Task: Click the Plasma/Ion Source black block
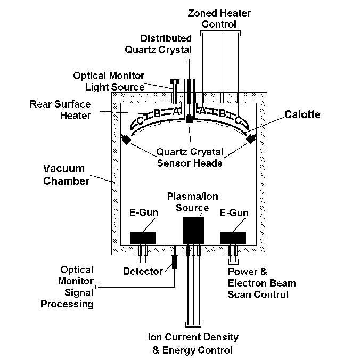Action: (x=193, y=230)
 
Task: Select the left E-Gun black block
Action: (x=143, y=238)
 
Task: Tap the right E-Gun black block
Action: (x=233, y=238)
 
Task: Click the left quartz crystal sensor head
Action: (x=127, y=139)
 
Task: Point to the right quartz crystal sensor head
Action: (x=251, y=139)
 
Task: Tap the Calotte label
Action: (x=302, y=114)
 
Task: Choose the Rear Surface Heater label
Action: (x=61, y=109)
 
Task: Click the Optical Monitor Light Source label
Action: (x=109, y=81)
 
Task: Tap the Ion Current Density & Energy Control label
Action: (x=193, y=344)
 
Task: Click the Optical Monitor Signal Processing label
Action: (x=77, y=287)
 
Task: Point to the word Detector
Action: (x=143, y=272)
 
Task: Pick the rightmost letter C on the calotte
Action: (x=238, y=121)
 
